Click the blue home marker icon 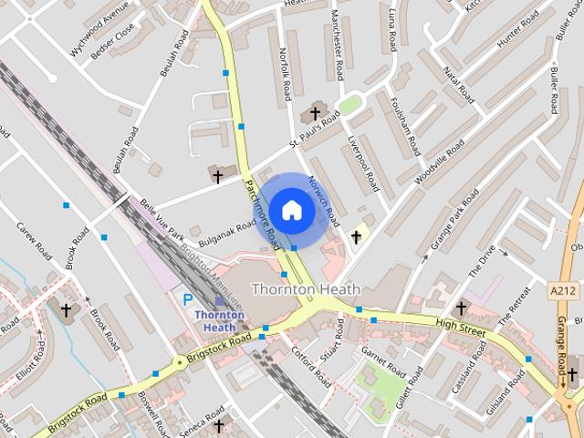tap(291, 210)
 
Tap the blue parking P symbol tap(188, 298)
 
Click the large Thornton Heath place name tap(306, 289)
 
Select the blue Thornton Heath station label tap(220, 321)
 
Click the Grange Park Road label tap(456, 222)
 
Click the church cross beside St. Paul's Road tap(316, 113)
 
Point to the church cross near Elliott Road tap(66, 310)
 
